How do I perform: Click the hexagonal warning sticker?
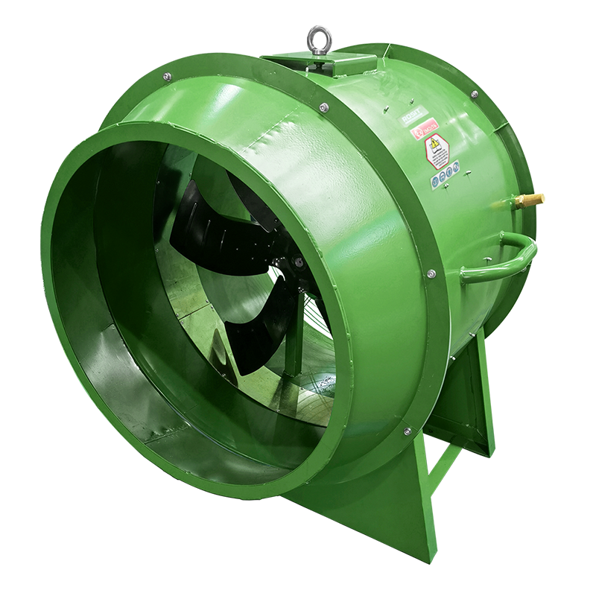(438, 153)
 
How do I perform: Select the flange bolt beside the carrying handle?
(431, 276)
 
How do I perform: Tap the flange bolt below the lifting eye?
(323, 108)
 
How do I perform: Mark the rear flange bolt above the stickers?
(475, 94)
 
